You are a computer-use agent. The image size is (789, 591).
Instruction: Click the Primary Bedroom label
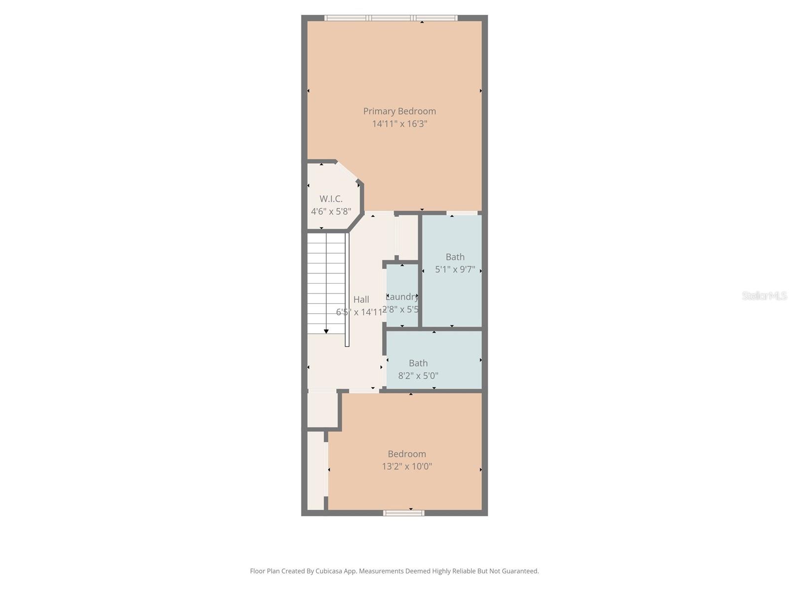click(x=399, y=111)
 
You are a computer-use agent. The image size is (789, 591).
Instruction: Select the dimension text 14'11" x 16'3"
click(x=399, y=124)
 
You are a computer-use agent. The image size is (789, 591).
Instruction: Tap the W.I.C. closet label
click(x=331, y=199)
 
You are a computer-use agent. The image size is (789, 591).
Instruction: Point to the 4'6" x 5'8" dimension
click(x=331, y=211)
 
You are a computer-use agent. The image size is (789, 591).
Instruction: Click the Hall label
click(x=361, y=299)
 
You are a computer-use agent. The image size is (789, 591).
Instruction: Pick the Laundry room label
click(x=402, y=297)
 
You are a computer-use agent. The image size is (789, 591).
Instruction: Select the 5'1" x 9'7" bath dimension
click(x=455, y=269)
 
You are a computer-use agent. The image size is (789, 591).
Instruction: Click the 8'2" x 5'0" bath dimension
click(x=418, y=376)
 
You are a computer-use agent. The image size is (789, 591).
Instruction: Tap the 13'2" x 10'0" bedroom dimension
click(x=407, y=466)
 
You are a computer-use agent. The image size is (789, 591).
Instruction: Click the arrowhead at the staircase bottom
click(x=326, y=331)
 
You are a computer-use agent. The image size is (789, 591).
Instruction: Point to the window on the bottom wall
click(x=404, y=513)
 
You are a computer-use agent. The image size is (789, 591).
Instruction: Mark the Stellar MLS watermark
click(x=764, y=296)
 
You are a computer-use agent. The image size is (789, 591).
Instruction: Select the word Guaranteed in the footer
click(x=520, y=571)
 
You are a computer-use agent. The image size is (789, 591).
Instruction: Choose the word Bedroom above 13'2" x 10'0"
click(x=407, y=454)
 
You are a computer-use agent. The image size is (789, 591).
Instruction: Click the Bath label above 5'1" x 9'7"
click(x=455, y=257)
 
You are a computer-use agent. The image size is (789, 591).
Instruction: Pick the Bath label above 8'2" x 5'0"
click(x=418, y=363)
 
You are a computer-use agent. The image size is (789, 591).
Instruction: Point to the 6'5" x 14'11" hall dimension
click(x=359, y=312)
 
